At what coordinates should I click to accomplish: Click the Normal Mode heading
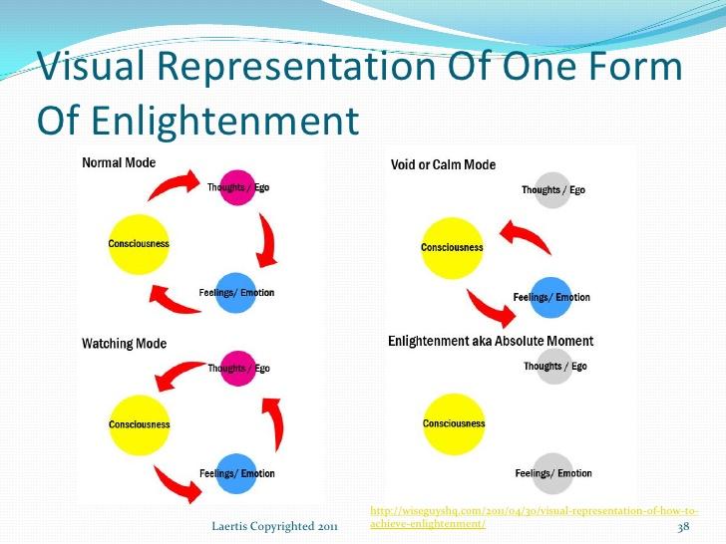pos(119,162)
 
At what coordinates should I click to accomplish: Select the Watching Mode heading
pos(124,344)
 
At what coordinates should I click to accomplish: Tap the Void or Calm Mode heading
pos(443,164)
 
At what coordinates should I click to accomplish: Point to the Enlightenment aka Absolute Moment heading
pos(491,341)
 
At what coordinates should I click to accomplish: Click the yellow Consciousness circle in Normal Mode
pos(139,244)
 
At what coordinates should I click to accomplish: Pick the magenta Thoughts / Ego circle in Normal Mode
pos(237,187)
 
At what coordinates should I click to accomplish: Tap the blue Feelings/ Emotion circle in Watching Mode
pos(236,473)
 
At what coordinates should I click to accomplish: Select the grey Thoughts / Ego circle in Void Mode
pos(552,190)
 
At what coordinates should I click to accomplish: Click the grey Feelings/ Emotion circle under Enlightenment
pos(552,473)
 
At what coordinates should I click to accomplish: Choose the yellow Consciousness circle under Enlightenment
pos(454,424)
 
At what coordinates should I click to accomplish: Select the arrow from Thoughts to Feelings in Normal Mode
pos(268,240)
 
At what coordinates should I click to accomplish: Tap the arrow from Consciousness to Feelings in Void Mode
pos(490,309)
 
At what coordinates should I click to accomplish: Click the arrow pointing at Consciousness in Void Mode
pos(526,235)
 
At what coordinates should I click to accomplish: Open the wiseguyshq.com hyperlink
pos(534,517)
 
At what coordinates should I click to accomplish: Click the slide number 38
pos(683,526)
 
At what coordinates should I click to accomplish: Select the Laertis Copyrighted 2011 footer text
pos(274,526)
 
